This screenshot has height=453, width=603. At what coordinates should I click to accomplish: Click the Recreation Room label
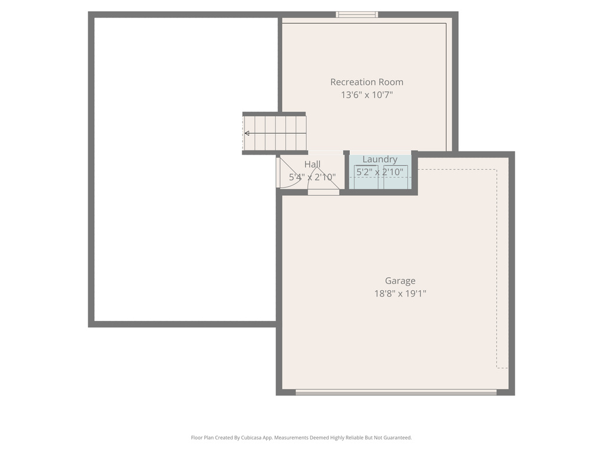click(x=366, y=82)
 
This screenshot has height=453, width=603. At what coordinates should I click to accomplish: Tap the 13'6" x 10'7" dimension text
click(x=366, y=94)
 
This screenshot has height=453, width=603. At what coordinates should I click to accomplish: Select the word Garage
click(x=400, y=281)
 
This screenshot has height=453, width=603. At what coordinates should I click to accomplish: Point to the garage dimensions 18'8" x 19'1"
click(x=400, y=293)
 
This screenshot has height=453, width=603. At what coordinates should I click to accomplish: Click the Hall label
click(x=312, y=164)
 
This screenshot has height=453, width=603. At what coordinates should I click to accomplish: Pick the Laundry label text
click(x=380, y=159)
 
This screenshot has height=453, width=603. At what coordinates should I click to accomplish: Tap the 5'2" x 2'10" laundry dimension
click(x=380, y=172)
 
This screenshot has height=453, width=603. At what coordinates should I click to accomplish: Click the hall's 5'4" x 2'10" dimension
click(x=312, y=176)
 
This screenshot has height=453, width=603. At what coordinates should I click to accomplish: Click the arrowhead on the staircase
click(x=247, y=133)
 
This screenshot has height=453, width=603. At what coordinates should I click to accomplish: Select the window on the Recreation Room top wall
click(x=357, y=15)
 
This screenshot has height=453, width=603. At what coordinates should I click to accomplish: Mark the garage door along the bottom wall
click(x=396, y=392)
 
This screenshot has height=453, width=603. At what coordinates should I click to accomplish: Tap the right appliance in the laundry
click(x=396, y=178)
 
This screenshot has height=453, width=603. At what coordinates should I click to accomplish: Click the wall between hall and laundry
click(x=346, y=172)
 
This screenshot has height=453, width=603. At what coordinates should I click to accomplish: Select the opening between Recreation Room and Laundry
click(x=380, y=152)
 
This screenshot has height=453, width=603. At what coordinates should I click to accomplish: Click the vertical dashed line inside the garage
click(x=496, y=268)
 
